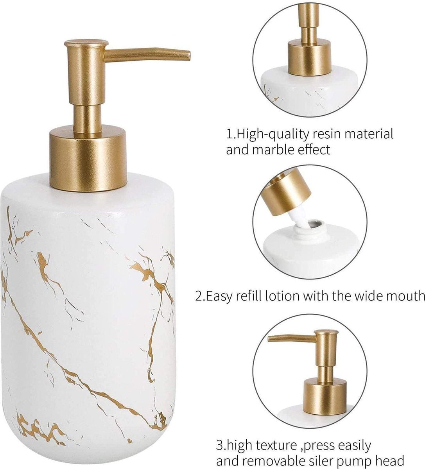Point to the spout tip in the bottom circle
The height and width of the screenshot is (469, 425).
coord(270,339)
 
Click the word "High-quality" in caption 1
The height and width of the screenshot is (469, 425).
coord(273,134)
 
